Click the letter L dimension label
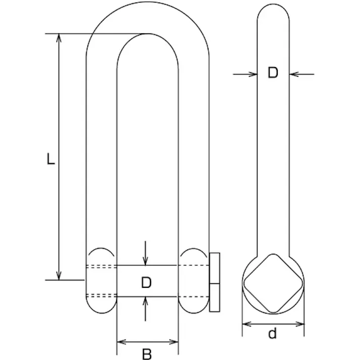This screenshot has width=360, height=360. (50, 159)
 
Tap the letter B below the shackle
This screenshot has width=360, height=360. (147, 354)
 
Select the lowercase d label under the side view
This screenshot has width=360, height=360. (273, 334)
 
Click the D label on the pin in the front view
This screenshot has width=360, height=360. (146, 282)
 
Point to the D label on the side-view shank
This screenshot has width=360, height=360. (273, 72)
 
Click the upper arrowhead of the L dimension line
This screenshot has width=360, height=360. (59, 38)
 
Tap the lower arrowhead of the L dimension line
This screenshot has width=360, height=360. (59, 276)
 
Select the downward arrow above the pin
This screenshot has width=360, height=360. (145, 253)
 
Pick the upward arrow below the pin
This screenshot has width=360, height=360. (145, 309)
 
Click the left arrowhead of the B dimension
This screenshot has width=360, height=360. (121, 342)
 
